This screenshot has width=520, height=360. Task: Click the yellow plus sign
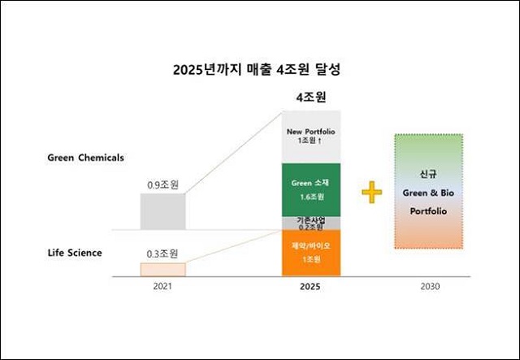[x=371, y=193]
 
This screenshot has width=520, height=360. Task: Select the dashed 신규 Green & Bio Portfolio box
[x=427, y=191]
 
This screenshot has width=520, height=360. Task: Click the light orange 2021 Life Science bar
[x=162, y=268]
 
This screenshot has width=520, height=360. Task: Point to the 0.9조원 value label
[x=162, y=185]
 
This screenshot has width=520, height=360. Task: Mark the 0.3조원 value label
[x=162, y=253]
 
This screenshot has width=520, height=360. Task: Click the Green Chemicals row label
[x=85, y=158]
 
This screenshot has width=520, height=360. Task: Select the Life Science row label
[x=74, y=253]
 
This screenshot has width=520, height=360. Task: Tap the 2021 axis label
[x=162, y=288]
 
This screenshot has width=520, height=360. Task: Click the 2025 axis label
[x=310, y=288]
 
